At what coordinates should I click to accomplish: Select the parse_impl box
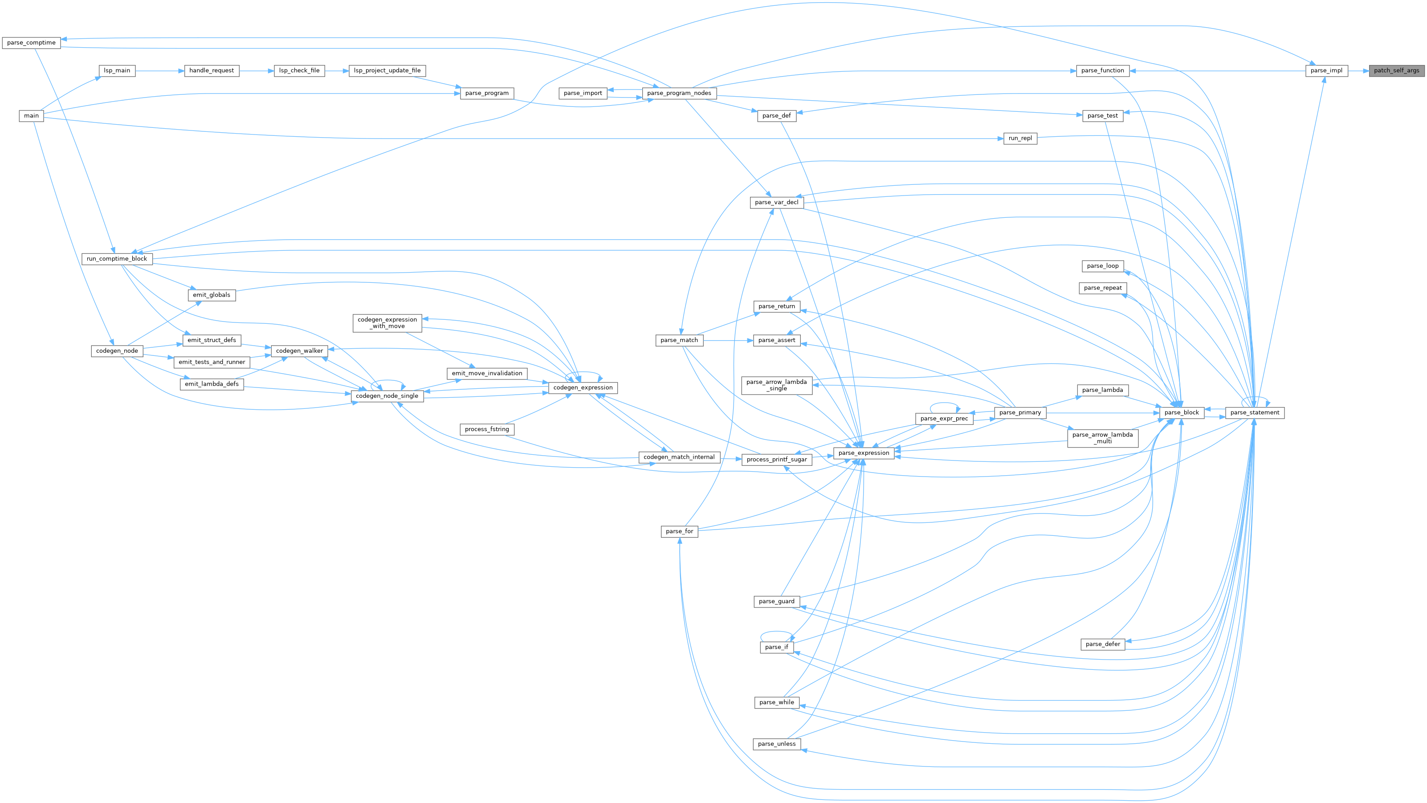1326,70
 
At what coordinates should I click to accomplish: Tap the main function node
32,116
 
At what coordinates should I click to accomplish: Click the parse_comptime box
31,43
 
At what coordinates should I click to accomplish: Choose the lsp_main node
117,70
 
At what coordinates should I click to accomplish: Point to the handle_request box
212,70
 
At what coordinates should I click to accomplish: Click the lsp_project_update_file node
387,70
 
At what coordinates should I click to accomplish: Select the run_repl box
1020,138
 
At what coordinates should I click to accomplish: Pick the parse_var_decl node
777,202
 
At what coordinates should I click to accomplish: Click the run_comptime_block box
117,259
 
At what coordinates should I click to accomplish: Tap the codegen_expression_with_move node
387,323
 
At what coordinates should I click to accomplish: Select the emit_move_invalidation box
487,373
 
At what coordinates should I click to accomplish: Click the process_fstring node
487,429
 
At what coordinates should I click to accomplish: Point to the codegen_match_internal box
679,457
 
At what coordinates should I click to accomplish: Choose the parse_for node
680,531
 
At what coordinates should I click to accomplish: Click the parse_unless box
777,744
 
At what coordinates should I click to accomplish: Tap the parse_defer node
1103,644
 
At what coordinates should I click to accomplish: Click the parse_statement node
1255,412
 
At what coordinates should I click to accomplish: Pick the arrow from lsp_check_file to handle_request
257,70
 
